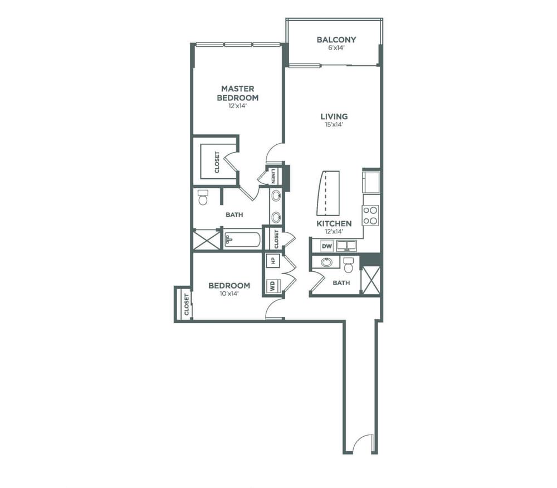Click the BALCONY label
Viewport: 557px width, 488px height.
coord(336,40)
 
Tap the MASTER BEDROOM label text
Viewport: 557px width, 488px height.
coord(238,93)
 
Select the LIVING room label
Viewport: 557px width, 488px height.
coord(334,116)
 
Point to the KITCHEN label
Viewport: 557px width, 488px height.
coord(334,223)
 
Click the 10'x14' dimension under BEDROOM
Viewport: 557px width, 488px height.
coord(229,294)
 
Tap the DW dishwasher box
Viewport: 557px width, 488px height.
coord(327,246)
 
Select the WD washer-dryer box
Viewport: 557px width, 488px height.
coord(273,286)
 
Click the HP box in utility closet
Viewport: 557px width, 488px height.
coord(273,260)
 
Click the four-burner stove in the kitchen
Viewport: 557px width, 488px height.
coord(370,215)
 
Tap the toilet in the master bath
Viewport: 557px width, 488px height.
coord(203,197)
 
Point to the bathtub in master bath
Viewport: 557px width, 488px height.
coord(243,240)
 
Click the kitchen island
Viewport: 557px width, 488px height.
coord(328,193)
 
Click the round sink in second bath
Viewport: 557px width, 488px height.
coord(326,262)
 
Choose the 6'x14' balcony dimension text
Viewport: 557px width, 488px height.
coord(336,48)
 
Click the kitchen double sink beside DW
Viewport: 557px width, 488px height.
coord(346,246)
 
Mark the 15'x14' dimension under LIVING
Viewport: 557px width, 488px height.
coord(334,125)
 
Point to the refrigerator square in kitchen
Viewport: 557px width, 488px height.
coord(371,182)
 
